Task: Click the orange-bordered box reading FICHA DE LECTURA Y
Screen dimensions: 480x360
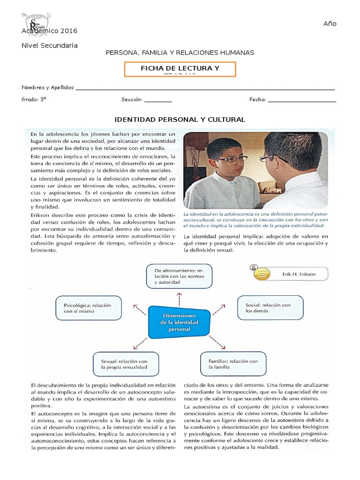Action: (180, 69)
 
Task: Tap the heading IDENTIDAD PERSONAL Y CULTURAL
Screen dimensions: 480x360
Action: (180, 120)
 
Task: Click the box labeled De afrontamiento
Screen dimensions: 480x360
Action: (179, 276)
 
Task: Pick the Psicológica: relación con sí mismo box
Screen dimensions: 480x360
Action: (88, 308)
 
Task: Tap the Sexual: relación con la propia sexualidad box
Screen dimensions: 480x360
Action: (125, 364)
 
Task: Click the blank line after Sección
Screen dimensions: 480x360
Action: (158, 100)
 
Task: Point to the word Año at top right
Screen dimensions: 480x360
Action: (330, 24)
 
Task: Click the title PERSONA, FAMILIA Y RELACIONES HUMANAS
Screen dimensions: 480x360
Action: (180, 53)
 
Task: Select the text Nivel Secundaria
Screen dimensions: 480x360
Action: (50, 45)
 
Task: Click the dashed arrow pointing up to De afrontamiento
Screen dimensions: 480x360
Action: (179, 297)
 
